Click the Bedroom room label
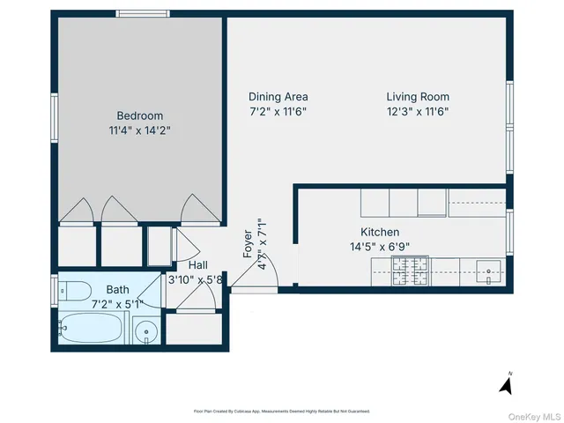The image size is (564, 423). pos(139,115)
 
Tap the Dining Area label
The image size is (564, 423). pos(278,97)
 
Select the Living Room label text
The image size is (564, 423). pos(418,97)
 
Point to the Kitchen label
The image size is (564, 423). pos(380,233)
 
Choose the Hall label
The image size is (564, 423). pos(197,265)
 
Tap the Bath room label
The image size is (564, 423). pos(117,289)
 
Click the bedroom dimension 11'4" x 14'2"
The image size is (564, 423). pos(139,130)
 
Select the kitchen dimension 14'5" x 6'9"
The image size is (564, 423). pos(380,248)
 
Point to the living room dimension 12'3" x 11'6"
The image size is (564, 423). pos(418,112)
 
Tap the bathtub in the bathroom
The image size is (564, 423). pos(88,330)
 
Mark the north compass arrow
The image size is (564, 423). pos(506,383)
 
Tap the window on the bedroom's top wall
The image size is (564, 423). pos(144,13)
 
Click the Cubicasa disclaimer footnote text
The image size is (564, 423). pos(281,411)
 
